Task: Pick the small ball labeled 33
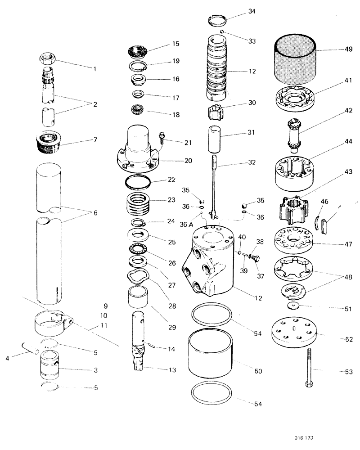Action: (222, 31)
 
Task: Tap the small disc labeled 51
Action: (295, 306)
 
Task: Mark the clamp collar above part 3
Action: (53, 322)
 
